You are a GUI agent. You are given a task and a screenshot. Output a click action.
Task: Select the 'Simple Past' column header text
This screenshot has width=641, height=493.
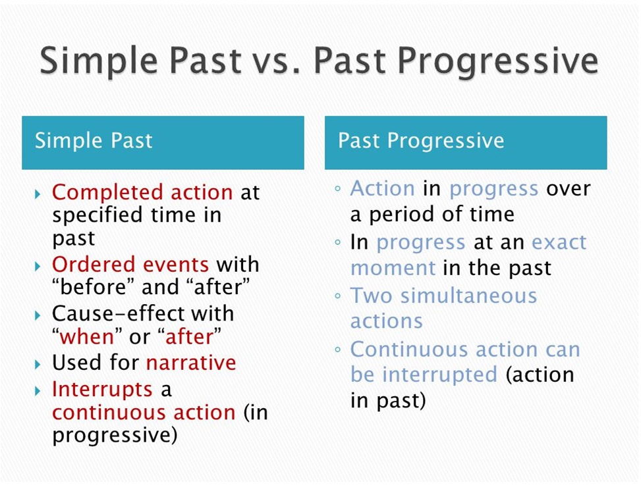tap(94, 140)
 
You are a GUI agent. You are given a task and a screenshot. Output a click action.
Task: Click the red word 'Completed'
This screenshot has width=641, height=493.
tap(107, 193)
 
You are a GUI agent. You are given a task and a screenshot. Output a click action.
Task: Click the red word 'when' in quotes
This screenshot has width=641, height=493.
tap(87, 337)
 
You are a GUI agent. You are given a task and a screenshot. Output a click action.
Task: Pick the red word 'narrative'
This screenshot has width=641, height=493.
tap(191, 362)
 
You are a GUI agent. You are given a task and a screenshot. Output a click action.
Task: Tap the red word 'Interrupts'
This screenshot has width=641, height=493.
tap(102, 389)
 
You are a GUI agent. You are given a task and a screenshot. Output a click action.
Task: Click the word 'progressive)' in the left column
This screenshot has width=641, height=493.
tap(115, 436)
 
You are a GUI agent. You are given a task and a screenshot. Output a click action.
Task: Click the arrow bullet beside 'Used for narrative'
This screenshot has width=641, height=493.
tap(38, 364)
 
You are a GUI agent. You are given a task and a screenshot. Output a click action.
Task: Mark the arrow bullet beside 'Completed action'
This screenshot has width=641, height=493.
tap(38, 194)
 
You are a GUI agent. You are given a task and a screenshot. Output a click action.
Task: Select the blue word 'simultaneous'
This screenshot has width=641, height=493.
tap(468, 296)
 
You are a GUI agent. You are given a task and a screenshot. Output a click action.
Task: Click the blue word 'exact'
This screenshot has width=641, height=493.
tap(559, 243)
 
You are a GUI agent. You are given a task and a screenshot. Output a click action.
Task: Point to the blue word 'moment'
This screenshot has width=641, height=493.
tap(393, 269)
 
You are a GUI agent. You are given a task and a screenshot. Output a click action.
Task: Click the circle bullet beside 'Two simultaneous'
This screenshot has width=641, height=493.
tap(338, 296)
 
